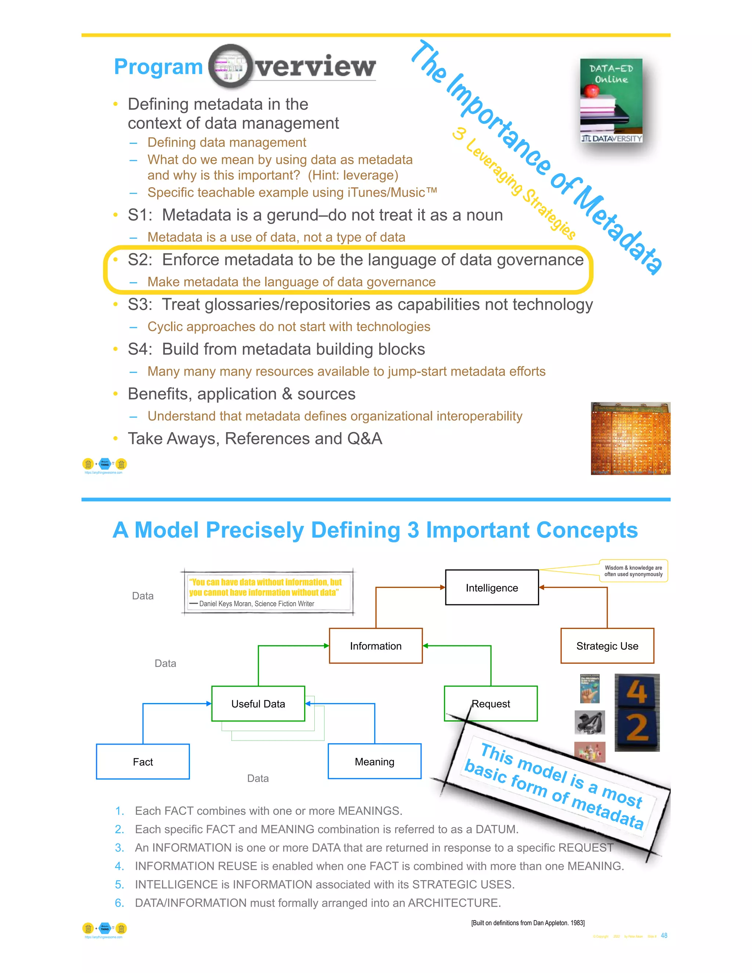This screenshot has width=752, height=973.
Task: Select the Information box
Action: (x=376, y=646)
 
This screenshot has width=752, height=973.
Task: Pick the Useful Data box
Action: (x=258, y=704)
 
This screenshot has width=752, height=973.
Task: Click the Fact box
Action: (x=142, y=762)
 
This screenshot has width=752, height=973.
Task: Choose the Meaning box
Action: (x=374, y=762)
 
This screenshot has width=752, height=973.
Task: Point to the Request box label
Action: (x=491, y=704)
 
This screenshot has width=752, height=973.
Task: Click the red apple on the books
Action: (x=591, y=91)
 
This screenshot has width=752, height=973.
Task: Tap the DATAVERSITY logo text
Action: (x=617, y=138)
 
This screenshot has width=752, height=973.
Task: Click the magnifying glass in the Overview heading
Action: (x=228, y=67)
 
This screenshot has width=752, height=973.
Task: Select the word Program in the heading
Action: (x=159, y=67)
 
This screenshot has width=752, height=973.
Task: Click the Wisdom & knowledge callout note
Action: (x=633, y=571)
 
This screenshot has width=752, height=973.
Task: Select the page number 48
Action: (x=664, y=936)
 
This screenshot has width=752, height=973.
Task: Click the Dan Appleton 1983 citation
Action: (x=528, y=923)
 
